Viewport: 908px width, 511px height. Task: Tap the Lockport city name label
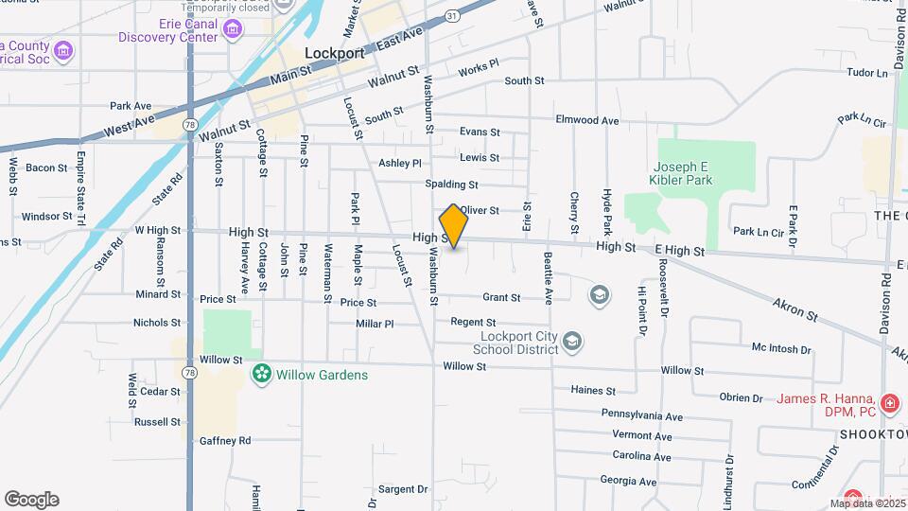335,54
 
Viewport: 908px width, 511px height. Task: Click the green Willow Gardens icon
261,375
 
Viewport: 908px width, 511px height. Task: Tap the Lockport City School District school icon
571,341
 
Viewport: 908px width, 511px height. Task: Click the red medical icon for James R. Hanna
889,404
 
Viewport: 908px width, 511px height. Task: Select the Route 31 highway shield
453,16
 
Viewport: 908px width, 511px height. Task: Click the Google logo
31,500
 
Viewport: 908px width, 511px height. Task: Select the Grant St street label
501,297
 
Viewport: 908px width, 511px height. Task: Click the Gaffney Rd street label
225,440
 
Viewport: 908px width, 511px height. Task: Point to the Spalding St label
451,184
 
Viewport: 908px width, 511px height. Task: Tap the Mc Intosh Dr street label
781,349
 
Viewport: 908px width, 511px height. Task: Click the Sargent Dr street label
404,489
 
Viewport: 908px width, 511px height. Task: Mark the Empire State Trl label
81,175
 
